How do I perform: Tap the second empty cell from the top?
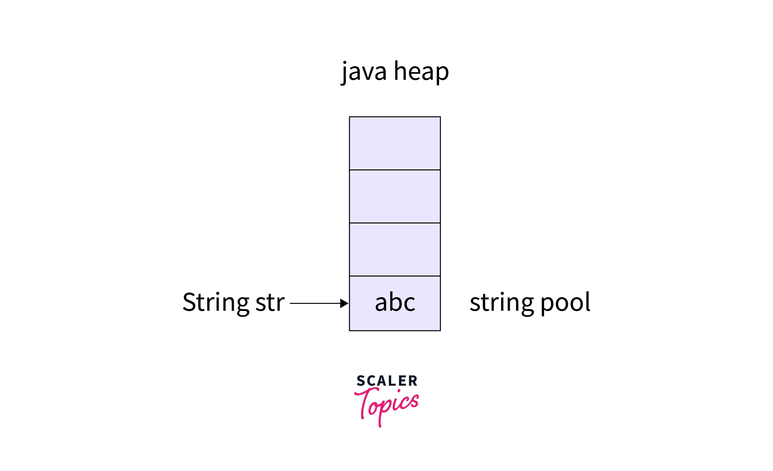[x=395, y=196]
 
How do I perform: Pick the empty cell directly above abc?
[x=395, y=249]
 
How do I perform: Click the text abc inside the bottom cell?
[x=395, y=302]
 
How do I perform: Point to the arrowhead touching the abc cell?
[x=344, y=303]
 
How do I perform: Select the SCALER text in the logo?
[x=387, y=381]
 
